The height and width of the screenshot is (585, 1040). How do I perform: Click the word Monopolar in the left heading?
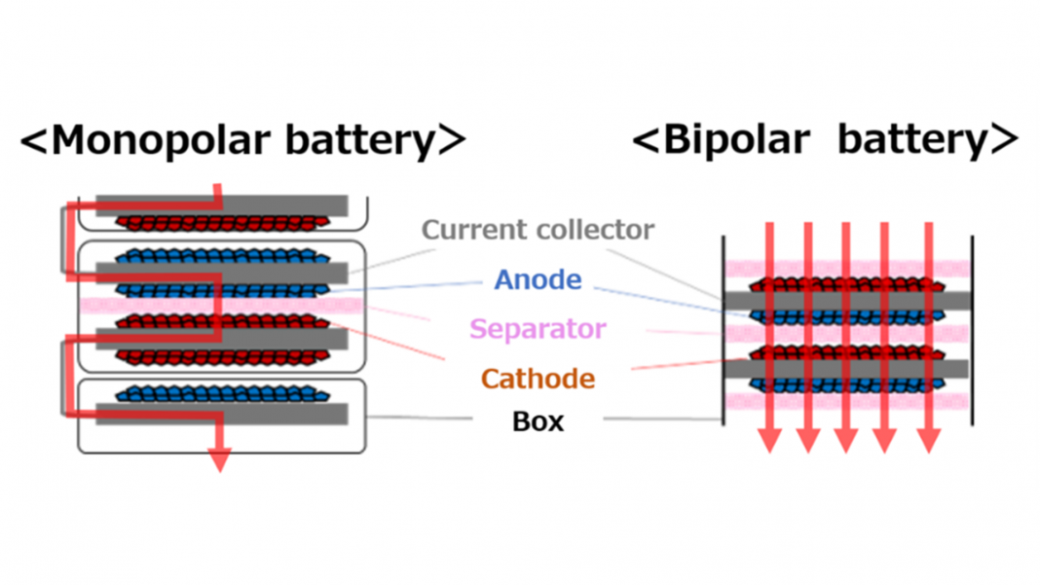coord(161,141)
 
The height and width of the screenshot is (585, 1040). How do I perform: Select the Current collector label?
coord(538,231)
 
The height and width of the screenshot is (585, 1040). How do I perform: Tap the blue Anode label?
coord(538,280)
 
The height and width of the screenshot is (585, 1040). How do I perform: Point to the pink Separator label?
coord(538,329)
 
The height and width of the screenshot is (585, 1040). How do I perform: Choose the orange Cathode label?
coord(538,378)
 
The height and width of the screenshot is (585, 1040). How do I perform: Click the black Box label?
coord(538,422)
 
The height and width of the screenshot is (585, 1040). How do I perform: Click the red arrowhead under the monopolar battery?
coord(219,459)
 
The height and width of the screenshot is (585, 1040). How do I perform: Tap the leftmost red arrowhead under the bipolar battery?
coord(769,440)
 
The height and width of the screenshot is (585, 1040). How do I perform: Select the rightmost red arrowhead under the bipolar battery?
coord(928,440)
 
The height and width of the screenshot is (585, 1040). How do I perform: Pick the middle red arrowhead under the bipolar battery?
coord(845,440)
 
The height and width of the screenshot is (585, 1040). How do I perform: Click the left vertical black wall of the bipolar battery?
coord(723,331)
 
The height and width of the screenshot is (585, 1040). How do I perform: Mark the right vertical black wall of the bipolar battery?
coord(972,331)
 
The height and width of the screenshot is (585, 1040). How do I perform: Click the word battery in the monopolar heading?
coord(360,141)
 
